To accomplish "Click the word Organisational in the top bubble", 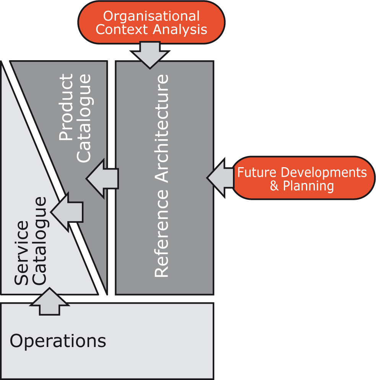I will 151,16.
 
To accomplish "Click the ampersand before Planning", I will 274,186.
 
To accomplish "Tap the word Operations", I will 58,341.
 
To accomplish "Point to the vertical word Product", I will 67,107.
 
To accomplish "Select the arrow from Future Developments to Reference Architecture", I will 221,178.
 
